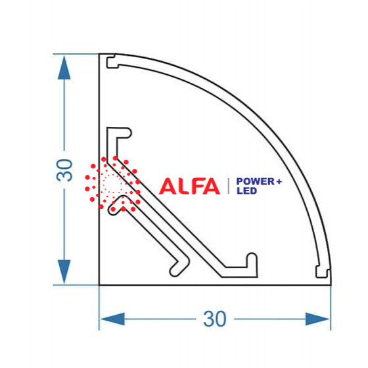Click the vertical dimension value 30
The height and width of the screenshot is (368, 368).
point(64,170)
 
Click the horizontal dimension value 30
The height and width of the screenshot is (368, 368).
point(214,319)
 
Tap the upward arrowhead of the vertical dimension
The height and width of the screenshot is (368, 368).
point(64,68)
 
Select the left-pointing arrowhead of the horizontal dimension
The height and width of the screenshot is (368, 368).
point(112,319)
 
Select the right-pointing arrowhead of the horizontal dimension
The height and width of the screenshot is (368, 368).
point(317,319)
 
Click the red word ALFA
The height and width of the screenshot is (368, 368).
point(190,186)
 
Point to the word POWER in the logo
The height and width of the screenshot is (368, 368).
point(256,181)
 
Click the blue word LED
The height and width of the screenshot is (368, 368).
point(246,191)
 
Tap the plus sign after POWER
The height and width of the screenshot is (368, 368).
point(279,181)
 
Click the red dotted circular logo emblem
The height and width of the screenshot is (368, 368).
point(112,184)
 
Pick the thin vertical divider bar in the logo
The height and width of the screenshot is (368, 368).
point(229,186)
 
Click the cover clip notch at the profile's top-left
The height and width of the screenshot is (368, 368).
point(112,62)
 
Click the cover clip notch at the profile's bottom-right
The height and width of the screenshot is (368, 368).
point(322,272)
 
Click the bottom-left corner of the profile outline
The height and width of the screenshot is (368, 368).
point(99,285)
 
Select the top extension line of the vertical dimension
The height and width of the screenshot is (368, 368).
point(76,54)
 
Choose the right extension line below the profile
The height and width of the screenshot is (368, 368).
point(331,308)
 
